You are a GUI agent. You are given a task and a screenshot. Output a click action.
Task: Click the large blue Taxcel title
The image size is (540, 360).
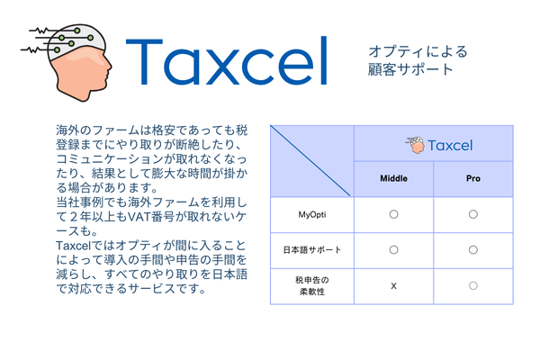[227, 61]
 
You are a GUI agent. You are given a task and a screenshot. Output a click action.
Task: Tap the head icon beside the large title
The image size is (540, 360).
[67, 63]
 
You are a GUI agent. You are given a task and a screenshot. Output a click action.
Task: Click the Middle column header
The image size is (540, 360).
[393, 178]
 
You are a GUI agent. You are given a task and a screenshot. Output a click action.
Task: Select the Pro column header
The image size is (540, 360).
[473, 178]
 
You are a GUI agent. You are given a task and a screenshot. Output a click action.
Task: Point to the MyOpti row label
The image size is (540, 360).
[312, 214]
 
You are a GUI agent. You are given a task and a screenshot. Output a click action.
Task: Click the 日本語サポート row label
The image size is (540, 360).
[312, 250]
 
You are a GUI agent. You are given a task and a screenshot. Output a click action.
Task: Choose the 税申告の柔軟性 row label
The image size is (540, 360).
[312, 286]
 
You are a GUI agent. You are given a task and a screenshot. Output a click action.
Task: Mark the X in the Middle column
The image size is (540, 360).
[393, 286]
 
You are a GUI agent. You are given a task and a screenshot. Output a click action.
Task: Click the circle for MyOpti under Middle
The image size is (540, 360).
[393, 214]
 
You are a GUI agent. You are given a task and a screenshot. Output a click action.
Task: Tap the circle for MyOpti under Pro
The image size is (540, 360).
[473, 214]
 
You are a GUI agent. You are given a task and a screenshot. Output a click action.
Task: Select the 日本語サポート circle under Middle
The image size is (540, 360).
[393, 250]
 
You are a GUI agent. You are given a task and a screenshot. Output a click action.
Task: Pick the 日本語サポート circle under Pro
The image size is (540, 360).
[473, 250]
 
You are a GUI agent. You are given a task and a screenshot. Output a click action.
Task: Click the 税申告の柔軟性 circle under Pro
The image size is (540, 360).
[473, 285]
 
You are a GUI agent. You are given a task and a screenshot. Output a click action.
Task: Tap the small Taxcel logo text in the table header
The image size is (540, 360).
[450, 146]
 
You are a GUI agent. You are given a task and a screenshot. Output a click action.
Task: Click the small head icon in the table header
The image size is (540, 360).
[415, 145]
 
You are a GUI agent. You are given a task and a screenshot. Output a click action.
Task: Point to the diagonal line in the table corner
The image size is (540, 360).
[310, 161]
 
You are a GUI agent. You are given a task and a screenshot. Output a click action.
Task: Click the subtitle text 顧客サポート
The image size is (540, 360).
[410, 69]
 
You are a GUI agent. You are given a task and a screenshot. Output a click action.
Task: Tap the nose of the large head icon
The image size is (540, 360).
[109, 66]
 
